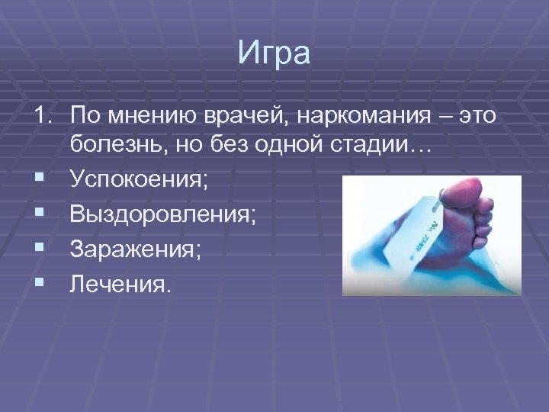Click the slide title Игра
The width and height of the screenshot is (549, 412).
point(274,55)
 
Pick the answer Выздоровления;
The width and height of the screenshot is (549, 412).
point(162,214)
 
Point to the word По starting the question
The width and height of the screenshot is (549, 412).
point(82,115)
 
